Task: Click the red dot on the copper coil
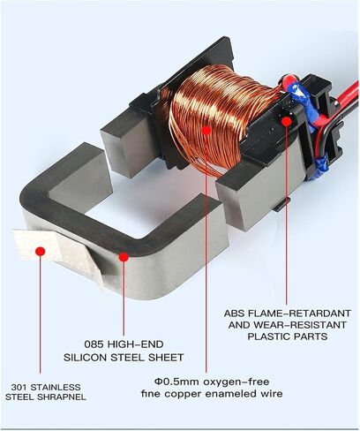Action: point(206,130)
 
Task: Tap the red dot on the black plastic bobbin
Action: point(287,121)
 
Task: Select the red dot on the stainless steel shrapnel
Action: point(40,251)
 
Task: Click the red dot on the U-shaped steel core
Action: point(124,257)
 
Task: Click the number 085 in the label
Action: point(94,344)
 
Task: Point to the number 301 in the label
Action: point(19,387)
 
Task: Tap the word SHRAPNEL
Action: point(65,397)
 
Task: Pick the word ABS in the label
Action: point(235,314)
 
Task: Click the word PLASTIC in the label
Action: point(267,336)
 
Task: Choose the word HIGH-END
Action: point(136,344)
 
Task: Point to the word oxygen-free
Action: point(236,382)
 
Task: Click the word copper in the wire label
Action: point(183,394)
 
